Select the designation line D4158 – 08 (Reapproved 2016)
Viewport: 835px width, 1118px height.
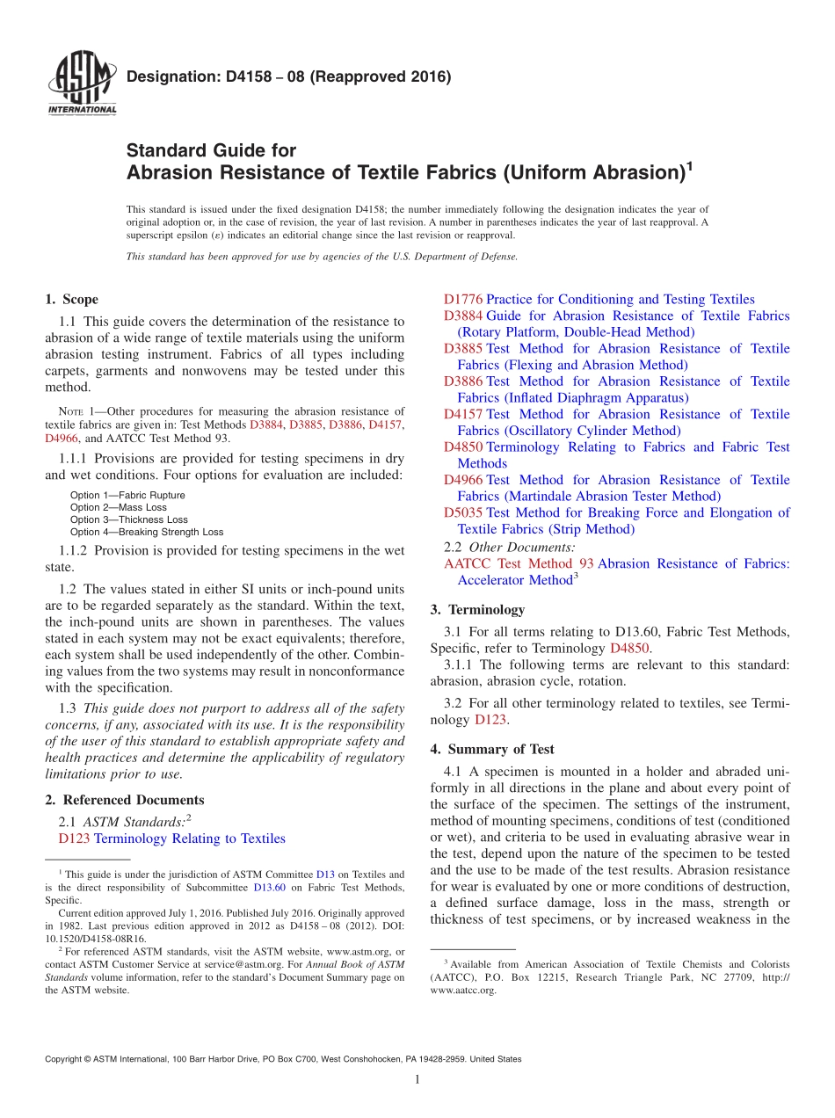click(288, 76)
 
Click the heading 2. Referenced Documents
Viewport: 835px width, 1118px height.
click(125, 800)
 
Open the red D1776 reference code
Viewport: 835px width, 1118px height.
click(463, 300)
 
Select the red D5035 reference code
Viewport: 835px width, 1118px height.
click(463, 512)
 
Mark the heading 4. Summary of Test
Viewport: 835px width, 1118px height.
click(492, 750)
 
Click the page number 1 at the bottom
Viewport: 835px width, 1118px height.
click(417, 1080)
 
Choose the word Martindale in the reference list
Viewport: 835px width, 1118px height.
click(493, 497)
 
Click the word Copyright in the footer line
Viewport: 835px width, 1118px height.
click(67, 1059)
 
